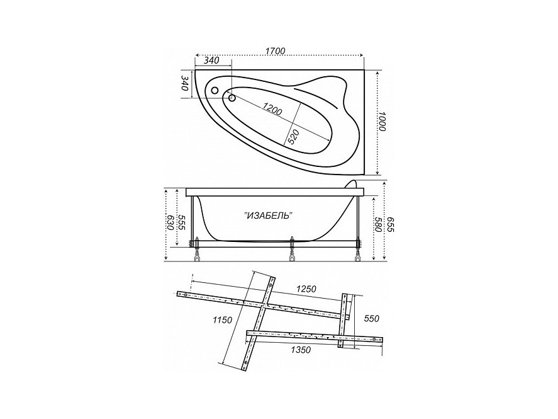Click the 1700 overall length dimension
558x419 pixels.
tap(275, 51)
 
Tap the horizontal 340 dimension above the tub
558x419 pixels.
tap(211, 60)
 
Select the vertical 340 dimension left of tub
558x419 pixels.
tap(184, 83)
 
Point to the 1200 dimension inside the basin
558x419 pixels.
tap(272, 108)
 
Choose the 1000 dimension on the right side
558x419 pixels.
tap(381, 121)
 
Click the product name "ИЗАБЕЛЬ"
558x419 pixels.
tap(269, 215)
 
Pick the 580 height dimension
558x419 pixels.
tap(377, 224)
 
